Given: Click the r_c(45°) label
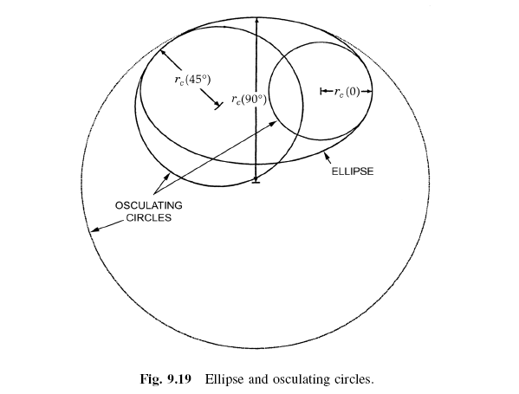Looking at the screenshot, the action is tap(192, 80).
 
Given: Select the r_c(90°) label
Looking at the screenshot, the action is tap(249, 100).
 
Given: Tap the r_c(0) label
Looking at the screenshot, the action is tap(347, 92).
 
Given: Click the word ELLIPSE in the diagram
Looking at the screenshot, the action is tap(353, 171).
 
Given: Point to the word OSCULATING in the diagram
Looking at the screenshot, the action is tap(149, 205).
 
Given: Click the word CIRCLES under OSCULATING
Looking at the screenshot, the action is tap(149, 217).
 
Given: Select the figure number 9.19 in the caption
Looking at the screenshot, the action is tap(179, 378).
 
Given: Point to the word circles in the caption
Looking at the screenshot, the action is tap(352, 378).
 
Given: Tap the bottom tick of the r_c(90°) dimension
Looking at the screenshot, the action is tap(256, 182).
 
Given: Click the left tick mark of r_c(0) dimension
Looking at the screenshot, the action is tap(321, 91).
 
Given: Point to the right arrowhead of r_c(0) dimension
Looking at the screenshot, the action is tap(368, 91).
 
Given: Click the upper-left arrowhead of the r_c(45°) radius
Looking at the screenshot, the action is tap(164, 54).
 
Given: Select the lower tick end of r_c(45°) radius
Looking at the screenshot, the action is tap(218, 106).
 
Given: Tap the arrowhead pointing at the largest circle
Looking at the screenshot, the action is tap(94, 229).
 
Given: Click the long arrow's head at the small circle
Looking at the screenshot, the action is tap(273, 123).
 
